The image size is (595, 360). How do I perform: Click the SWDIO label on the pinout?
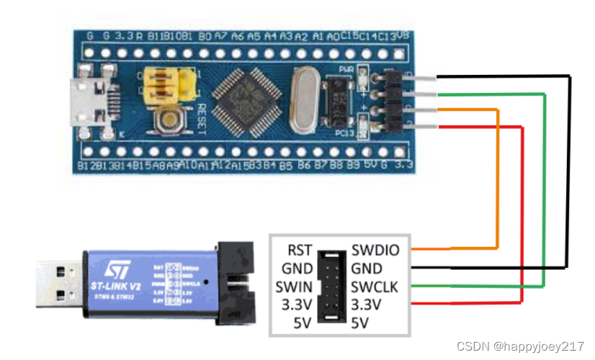click(374, 251)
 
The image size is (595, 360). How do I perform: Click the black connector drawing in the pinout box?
click(332, 286)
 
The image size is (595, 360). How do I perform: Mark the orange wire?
click(497, 180)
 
